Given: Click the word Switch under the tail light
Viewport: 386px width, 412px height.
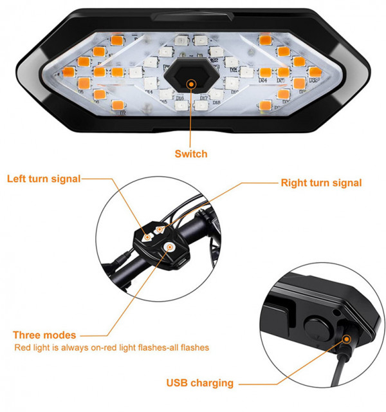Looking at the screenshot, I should point(191,154).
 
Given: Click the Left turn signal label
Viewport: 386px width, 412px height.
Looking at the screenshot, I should point(44,178).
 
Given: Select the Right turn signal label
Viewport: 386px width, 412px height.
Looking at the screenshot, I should point(321,183).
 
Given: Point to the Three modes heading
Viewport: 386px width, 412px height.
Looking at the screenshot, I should point(44,335).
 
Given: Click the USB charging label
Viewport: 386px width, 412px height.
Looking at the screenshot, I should point(200,383).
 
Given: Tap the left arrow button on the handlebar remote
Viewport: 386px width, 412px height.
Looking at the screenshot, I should point(148,236).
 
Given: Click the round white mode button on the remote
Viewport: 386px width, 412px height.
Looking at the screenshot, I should point(170,246).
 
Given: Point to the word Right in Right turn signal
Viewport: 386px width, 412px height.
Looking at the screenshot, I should point(293,183).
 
